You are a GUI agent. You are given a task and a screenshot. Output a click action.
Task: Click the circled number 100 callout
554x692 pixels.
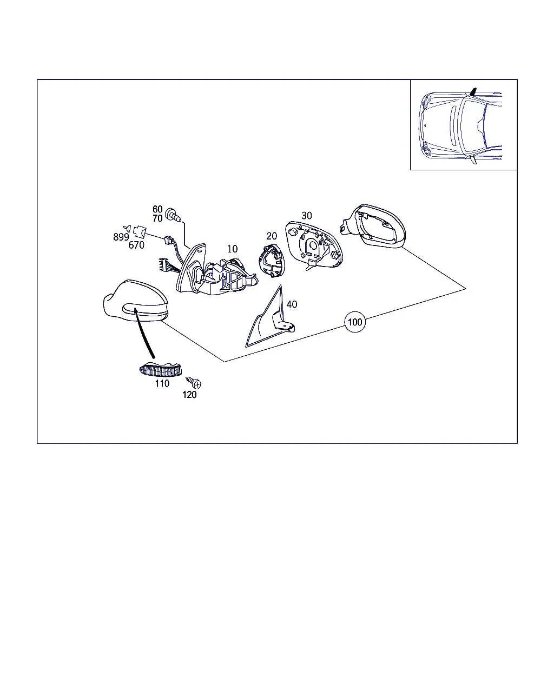(x=355, y=322)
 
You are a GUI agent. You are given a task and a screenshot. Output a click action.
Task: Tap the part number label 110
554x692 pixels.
(x=162, y=383)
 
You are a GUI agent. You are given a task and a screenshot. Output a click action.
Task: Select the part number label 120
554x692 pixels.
(x=189, y=395)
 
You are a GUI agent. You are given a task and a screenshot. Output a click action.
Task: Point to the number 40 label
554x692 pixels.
(x=292, y=304)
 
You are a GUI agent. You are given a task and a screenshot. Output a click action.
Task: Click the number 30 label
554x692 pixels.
(x=306, y=216)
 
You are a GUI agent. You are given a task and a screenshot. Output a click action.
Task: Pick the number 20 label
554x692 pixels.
(x=272, y=236)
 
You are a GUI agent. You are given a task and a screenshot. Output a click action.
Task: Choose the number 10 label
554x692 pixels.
(x=233, y=249)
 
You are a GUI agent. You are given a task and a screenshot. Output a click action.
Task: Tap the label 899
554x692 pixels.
(x=121, y=237)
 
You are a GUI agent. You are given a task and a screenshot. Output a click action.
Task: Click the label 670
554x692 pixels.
(x=136, y=245)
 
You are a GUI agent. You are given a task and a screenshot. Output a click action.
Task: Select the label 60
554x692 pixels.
(x=157, y=209)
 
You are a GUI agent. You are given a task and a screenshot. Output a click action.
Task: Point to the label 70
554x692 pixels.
(x=157, y=218)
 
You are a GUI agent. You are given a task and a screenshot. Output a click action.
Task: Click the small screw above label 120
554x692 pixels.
(x=194, y=382)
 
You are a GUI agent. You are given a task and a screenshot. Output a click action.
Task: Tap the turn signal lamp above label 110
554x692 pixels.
(x=160, y=369)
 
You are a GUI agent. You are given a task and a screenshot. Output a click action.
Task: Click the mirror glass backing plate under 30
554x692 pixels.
(x=314, y=245)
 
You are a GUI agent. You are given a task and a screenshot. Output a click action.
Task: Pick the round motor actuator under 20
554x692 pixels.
(x=272, y=261)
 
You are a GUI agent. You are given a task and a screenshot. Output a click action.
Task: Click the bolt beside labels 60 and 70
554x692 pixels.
(x=173, y=215)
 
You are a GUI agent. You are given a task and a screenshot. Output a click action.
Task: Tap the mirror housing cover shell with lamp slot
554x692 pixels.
(x=135, y=301)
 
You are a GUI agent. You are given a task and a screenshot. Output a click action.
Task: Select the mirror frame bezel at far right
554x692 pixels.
(x=373, y=226)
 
